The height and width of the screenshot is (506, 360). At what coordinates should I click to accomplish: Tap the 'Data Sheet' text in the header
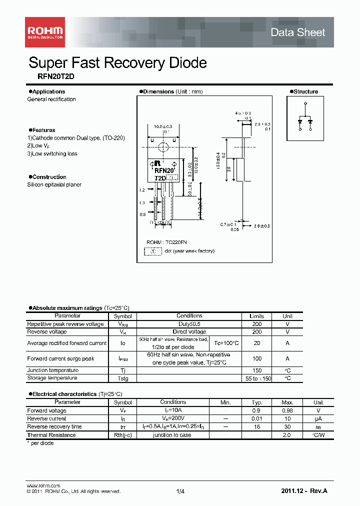tap(297, 32)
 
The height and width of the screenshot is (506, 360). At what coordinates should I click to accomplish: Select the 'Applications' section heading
tap(48, 91)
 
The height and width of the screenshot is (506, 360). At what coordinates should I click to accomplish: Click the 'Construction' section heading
tap(49, 177)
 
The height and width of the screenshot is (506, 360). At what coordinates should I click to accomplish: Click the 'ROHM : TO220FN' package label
tap(166, 242)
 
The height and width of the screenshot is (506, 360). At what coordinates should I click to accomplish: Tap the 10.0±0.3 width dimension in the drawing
tap(162, 126)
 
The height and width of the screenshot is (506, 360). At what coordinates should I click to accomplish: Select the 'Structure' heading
tap(305, 91)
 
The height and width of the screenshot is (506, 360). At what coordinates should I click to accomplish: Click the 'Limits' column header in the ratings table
tap(256, 316)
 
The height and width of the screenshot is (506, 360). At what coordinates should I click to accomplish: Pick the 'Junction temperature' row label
tap(52, 370)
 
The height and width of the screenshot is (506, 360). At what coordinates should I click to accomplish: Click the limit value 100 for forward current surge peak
tap(256, 359)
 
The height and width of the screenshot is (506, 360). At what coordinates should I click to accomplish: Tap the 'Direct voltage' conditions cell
tap(189, 331)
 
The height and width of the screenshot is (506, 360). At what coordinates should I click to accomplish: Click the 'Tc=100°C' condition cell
tap(226, 343)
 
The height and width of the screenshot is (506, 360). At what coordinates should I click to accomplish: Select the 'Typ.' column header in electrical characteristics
tap(256, 402)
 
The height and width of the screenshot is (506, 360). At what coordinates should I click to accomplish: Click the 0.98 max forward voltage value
tap(287, 410)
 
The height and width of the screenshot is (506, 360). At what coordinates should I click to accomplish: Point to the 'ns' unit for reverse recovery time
tap(318, 427)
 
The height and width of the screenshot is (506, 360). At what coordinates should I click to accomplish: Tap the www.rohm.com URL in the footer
tap(43, 485)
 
